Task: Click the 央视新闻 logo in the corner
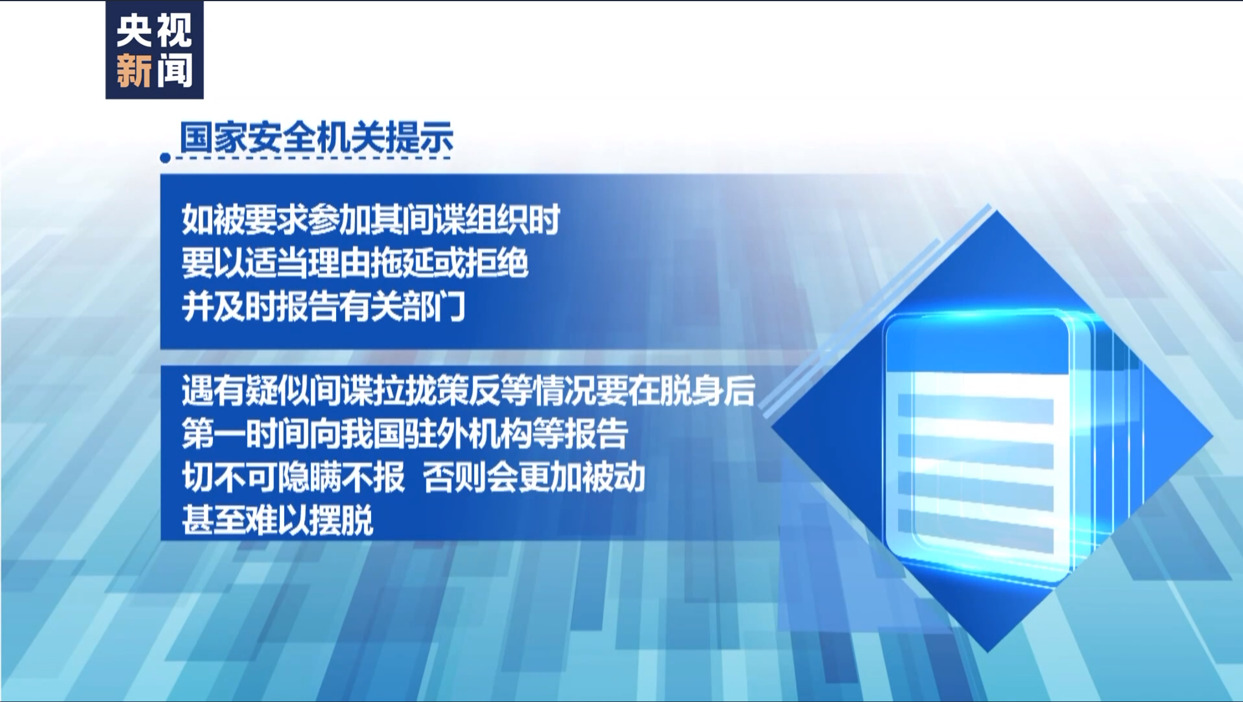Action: click(154, 50)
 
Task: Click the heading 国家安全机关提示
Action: click(317, 138)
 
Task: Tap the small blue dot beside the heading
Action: click(165, 158)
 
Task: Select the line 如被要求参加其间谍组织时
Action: click(371, 220)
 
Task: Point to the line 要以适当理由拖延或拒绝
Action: click(355, 264)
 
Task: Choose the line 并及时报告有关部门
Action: click(323, 307)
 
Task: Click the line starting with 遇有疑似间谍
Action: click(468, 391)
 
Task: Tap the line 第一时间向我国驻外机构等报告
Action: click(405, 434)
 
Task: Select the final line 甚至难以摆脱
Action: click(277, 520)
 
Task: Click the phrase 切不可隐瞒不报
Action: click(293, 477)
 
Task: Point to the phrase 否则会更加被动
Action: click(534, 477)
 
